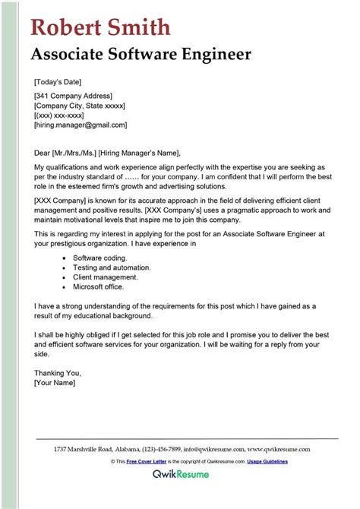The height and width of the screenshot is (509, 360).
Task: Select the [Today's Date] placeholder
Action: click(x=58, y=81)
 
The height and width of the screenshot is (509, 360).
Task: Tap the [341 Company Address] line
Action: click(x=73, y=96)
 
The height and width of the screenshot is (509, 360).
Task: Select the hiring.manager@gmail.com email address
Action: click(x=81, y=125)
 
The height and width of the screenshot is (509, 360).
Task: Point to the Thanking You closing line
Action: click(x=58, y=373)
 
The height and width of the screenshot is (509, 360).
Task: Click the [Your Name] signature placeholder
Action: click(x=55, y=383)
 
